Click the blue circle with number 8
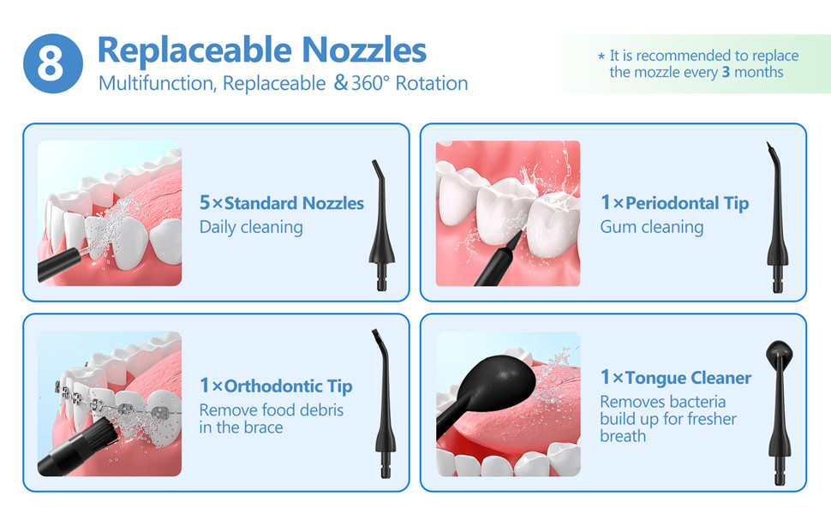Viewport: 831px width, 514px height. click(x=53, y=63)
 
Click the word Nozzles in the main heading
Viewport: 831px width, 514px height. click(x=364, y=51)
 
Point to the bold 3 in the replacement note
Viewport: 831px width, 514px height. click(x=726, y=72)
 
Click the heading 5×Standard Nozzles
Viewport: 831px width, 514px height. click(x=281, y=203)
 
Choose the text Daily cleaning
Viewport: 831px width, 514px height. click(x=251, y=227)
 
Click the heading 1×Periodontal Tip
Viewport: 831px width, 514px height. click(x=675, y=203)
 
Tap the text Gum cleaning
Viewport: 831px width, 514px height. click(x=652, y=227)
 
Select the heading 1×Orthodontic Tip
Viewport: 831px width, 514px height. click(x=276, y=386)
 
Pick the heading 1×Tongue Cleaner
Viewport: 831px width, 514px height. click(x=676, y=377)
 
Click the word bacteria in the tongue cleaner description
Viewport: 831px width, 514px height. click(x=696, y=402)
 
